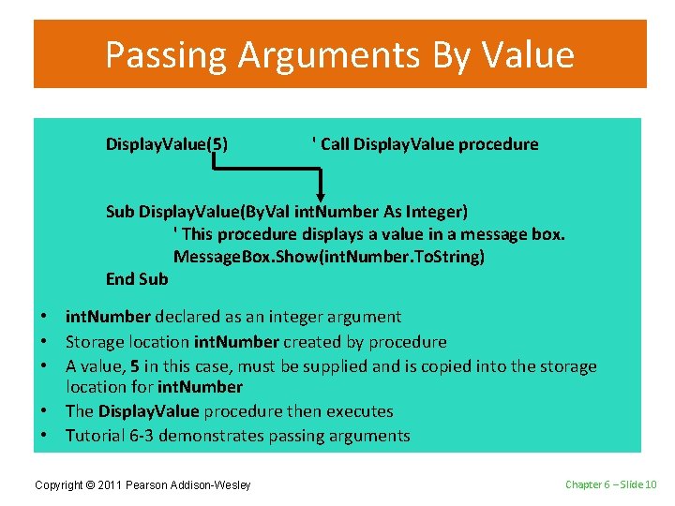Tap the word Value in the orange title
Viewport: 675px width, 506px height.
point(528,55)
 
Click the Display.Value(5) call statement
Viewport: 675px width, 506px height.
point(166,144)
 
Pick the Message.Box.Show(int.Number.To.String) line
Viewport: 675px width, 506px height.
point(328,256)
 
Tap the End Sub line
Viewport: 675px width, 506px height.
point(137,278)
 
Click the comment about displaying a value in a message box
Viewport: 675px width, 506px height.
point(369,233)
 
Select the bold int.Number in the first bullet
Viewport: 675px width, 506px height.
point(108,318)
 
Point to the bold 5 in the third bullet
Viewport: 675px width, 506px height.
point(135,366)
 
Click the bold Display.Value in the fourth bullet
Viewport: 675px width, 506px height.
point(148,411)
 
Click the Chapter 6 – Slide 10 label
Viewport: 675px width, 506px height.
point(610,484)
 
